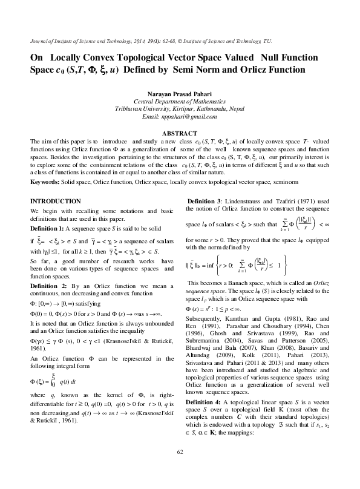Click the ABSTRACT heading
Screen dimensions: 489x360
pos(180,133)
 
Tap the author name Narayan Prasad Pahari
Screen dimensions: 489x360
pos(180,93)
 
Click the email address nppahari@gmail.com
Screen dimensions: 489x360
pos(180,116)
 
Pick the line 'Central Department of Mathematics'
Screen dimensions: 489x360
pos(180,101)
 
